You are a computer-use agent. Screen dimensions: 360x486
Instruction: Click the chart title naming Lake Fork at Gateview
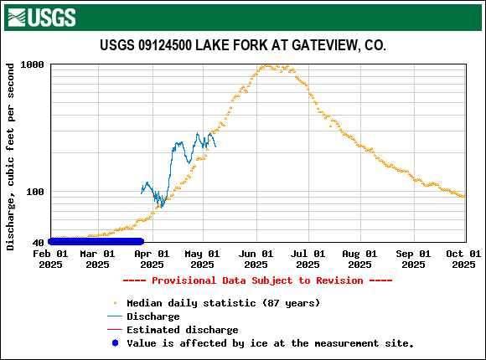(x=243, y=45)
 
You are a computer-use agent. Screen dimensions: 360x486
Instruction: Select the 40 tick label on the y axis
(x=39, y=243)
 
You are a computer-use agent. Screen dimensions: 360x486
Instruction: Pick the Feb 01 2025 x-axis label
(x=50, y=259)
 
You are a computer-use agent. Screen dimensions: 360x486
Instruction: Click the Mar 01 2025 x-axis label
(x=97, y=259)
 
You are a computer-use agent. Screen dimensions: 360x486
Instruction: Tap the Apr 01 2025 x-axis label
(x=152, y=259)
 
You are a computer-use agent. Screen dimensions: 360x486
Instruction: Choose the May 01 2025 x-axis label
(x=203, y=259)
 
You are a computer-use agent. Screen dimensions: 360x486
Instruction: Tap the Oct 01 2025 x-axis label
(x=464, y=259)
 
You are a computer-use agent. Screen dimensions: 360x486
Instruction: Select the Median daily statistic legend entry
(x=223, y=302)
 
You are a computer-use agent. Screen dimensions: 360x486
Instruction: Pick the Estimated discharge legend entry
(x=182, y=330)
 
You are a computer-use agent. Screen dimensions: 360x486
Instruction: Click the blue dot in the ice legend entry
(x=115, y=343)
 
